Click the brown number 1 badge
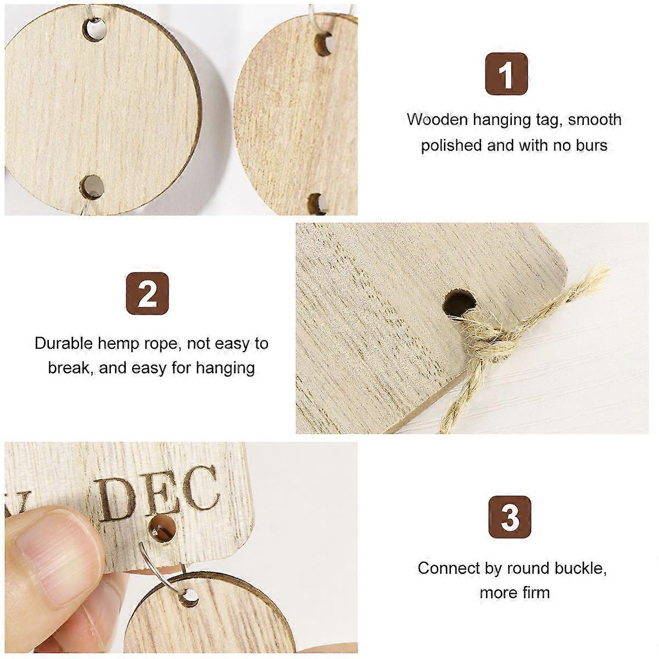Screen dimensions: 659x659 pyautogui.click(x=506, y=74)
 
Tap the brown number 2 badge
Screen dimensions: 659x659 pyautogui.click(x=147, y=293)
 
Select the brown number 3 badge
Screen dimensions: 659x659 pyautogui.click(x=510, y=517)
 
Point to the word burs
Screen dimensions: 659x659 pyautogui.click(x=591, y=146)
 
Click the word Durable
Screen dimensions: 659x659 pyautogui.click(x=64, y=343)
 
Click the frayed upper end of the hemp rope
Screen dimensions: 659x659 pyautogui.click(x=595, y=273)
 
